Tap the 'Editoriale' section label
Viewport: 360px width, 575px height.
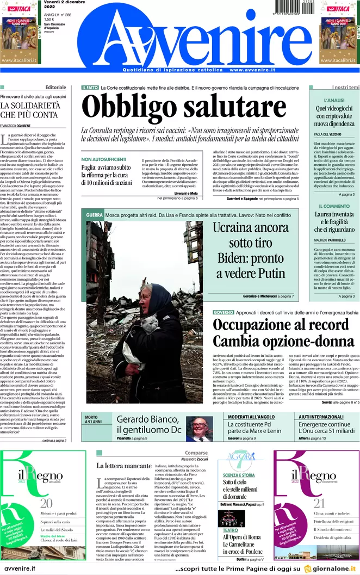56,88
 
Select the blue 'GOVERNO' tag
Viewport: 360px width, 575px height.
224,313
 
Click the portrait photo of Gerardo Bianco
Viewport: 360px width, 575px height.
200,429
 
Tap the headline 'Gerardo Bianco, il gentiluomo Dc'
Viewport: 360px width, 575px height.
148,424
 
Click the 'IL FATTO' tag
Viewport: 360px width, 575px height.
90,88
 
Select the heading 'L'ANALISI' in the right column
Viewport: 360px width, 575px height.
334,101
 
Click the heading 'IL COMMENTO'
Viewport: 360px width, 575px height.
334,206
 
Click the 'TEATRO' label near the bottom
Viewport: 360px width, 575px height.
230,530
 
